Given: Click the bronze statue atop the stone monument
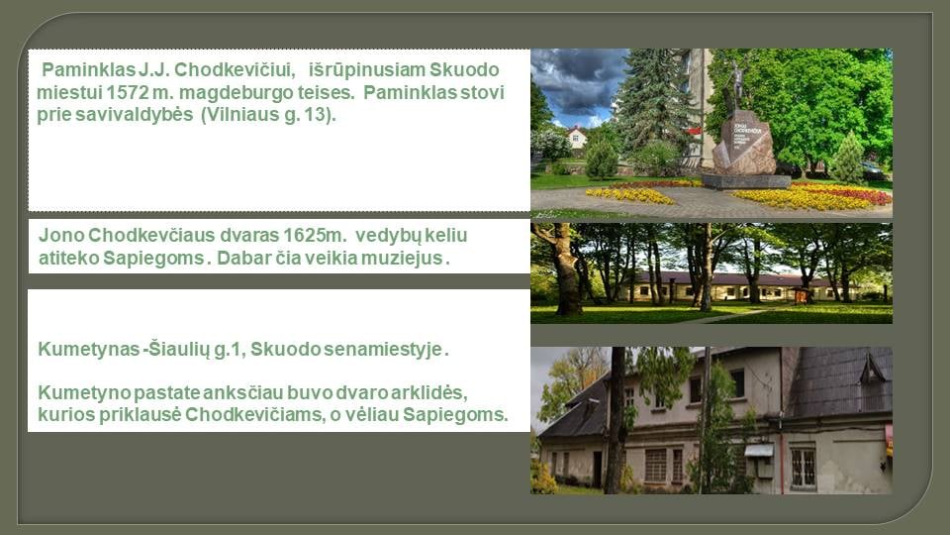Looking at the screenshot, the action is coord(736,85).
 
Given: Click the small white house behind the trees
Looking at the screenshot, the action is coord(576,138).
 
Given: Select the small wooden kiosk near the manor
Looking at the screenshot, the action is coord(802,295).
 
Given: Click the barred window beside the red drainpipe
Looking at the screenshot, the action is coord(803,467).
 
